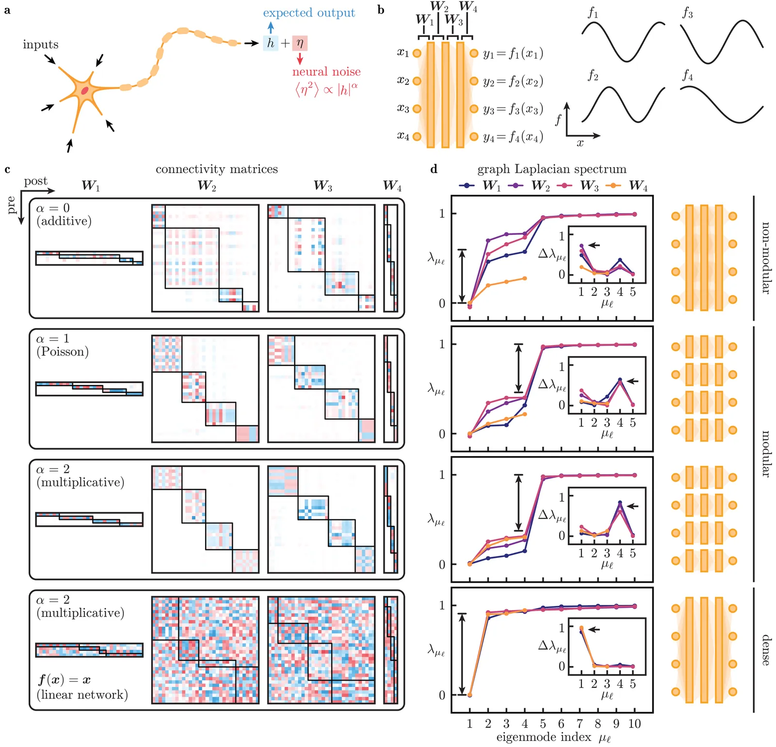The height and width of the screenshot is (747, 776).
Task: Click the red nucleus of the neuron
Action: click(85, 90)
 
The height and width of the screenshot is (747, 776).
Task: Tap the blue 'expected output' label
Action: click(309, 13)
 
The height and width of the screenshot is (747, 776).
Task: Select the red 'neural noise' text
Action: click(326, 72)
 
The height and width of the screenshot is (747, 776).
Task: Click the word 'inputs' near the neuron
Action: click(41, 45)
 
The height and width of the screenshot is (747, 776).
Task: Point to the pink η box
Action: click(300, 43)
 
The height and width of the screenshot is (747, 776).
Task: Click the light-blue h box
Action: click(271, 43)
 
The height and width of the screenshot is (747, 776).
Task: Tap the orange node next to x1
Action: click(417, 53)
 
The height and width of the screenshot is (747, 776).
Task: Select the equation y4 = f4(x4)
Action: click(513, 137)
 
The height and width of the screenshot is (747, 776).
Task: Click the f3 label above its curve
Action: click(688, 13)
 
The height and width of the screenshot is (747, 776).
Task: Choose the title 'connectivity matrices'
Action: click(217, 169)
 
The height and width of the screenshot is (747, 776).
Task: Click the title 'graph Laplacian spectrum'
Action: click(552, 169)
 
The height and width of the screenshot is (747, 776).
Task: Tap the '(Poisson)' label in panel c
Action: click(63, 352)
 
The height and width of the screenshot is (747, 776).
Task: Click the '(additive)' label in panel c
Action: click(64, 221)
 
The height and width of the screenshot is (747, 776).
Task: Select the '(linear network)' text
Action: click(82, 695)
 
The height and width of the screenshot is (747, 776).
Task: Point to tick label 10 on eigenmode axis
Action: click(634, 724)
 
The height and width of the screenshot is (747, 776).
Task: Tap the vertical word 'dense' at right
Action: click(765, 650)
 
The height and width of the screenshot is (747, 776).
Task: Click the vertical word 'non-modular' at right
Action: click(765, 258)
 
